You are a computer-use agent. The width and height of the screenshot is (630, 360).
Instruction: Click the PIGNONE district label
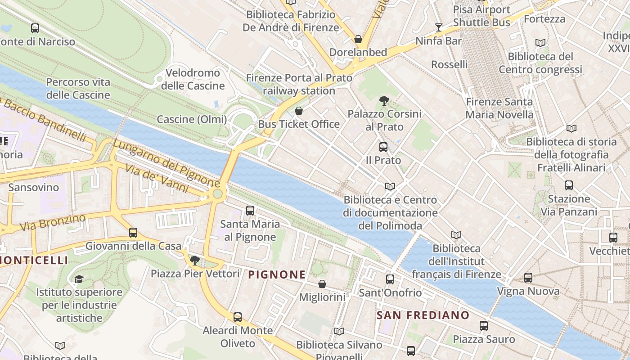(x=277, y=274)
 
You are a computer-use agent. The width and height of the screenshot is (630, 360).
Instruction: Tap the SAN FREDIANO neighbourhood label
(x=423, y=315)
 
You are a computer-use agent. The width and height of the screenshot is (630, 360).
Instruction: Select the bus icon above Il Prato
(x=383, y=147)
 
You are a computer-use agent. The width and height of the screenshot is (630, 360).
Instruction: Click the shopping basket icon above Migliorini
(x=322, y=284)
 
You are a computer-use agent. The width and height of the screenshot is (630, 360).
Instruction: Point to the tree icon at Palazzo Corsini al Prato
(x=384, y=100)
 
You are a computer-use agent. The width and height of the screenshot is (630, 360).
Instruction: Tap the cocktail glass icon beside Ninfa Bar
(x=438, y=27)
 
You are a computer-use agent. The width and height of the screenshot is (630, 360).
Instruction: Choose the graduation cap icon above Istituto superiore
(x=79, y=279)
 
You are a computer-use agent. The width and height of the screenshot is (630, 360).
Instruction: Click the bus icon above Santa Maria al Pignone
(x=250, y=210)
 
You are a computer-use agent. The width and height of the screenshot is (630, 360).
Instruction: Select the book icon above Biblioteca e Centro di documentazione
(x=390, y=186)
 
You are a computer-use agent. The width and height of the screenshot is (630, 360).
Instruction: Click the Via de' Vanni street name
(x=156, y=178)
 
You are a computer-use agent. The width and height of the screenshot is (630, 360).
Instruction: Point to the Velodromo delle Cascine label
(x=193, y=79)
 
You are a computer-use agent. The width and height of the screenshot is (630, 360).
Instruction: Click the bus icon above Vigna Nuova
(x=528, y=278)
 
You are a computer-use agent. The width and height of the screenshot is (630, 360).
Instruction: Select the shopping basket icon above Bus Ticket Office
(x=299, y=111)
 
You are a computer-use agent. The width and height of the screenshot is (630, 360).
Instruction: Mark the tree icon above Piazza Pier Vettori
(x=195, y=260)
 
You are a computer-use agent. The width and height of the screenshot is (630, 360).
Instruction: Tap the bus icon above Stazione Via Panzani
(x=569, y=185)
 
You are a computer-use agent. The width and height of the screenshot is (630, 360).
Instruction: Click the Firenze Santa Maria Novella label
(x=499, y=108)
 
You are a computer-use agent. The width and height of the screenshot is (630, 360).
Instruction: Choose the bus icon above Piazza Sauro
(x=484, y=325)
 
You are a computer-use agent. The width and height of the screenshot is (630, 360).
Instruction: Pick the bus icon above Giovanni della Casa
(x=133, y=233)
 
